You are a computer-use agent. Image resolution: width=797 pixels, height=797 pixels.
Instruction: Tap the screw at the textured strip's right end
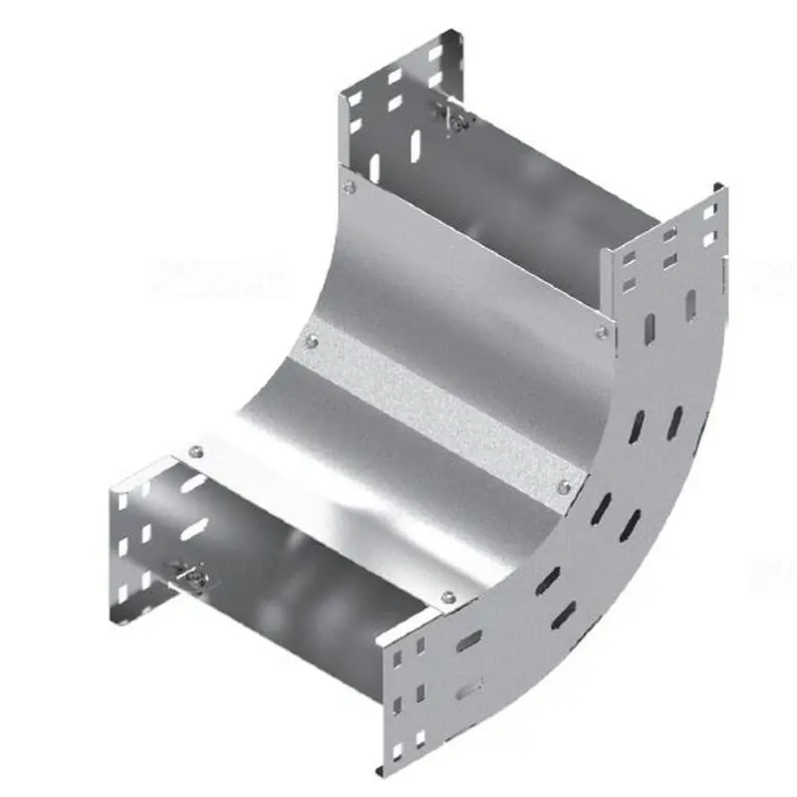[x=565, y=486]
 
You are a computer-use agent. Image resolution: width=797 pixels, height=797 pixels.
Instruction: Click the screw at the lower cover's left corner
[x=196, y=448]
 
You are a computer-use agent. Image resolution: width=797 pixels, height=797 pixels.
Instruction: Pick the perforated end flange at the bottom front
[x=418, y=697]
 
